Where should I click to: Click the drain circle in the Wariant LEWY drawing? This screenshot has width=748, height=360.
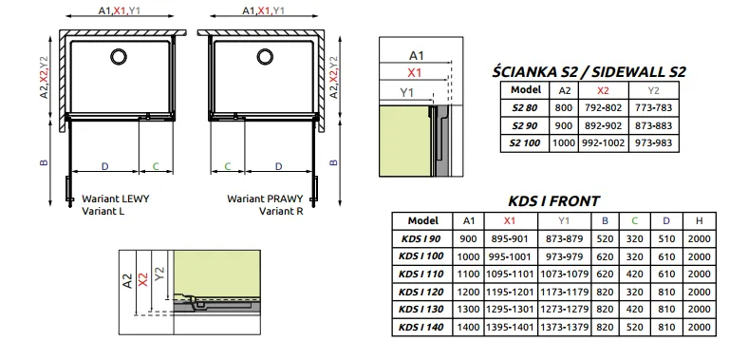(x=119, y=56)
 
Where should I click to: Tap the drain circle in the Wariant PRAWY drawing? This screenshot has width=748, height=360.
(x=265, y=56)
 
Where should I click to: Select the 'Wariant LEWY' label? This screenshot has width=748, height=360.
(x=116, y=199)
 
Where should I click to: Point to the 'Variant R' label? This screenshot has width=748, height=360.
(x=281, y=211)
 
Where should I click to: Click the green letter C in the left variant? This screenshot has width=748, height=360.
(x=156, y=166)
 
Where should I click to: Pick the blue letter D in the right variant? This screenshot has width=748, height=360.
(x=279, y=166)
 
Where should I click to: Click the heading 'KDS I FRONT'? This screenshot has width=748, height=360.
(x=553, y=201)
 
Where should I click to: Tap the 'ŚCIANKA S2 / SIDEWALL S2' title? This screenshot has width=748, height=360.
(x=589, y=71)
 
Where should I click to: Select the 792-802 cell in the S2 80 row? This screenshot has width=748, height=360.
(x=603, y=108)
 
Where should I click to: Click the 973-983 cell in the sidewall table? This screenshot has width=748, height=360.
(x=653, y=142)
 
